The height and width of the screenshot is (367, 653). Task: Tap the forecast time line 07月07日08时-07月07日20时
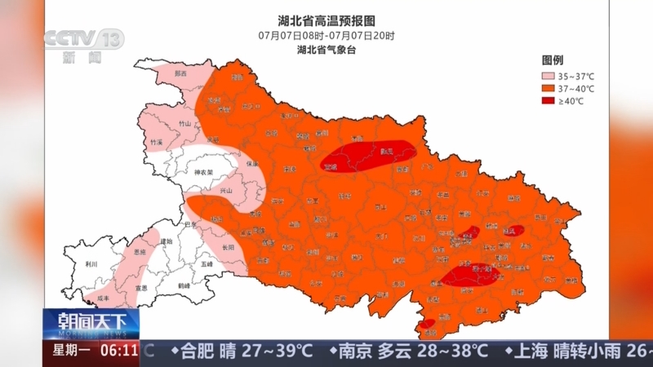click(x=326, y=35)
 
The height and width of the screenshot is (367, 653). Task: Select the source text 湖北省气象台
click(x=326, y=49)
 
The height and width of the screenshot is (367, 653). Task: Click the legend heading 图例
click(x=553, y=60)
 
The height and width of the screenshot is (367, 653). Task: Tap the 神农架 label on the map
click(x=203, y=173)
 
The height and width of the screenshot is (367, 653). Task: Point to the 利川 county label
click(x=91, y=264)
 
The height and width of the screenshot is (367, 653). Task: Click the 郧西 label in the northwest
click(x=180, y=74)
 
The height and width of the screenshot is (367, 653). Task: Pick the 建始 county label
click(x=167, y=241)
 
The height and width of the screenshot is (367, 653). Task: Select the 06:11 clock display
click(x=120, y=352)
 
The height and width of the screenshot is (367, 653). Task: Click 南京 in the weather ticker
click(x=357, y=352)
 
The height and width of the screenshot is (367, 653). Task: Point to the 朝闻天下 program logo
click(x=91, y=321)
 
